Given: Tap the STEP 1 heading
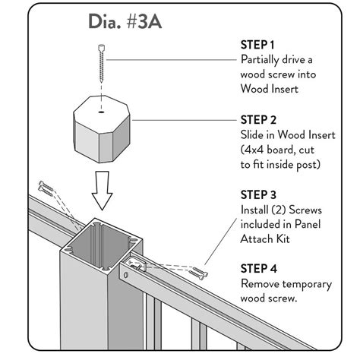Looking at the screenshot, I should click(258, 45).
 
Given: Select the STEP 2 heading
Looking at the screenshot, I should click(259, 119).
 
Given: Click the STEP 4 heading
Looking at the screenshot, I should click(259, 268).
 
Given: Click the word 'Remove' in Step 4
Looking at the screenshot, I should click(262, 283).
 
